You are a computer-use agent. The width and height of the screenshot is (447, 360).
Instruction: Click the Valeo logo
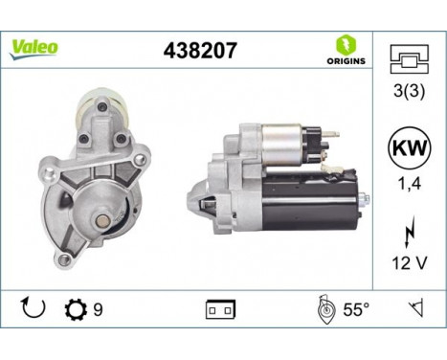pos(34,47)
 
